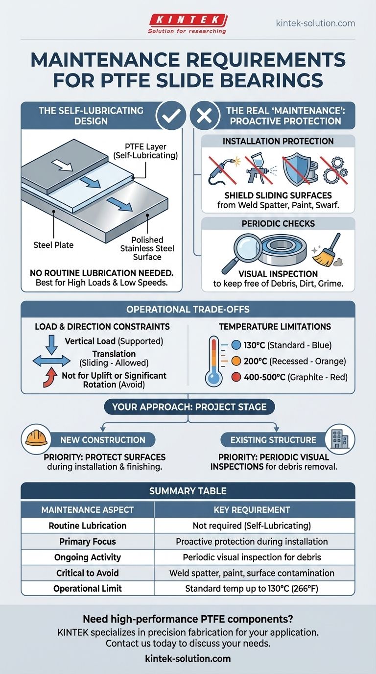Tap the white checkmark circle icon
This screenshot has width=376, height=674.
[171, 116]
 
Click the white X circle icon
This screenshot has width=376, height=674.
[205, 116]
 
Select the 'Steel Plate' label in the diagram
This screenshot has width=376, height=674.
[53, 245]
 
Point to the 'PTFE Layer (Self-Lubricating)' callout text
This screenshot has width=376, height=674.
[145, 151]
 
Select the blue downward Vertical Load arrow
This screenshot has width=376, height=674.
[51, 345]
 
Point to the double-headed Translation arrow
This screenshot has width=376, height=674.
[51, 361]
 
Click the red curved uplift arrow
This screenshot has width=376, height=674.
[50, 377]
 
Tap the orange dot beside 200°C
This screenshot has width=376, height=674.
[236, 361]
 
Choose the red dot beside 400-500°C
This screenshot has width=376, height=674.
[236, 377]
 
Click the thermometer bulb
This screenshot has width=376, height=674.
[213, 377]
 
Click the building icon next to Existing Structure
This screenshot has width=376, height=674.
[340, 439]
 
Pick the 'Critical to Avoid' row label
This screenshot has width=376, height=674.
[88, 573]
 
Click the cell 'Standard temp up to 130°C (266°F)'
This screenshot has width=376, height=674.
[252, 589]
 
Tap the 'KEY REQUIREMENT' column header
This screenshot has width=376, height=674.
[252, 510]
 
